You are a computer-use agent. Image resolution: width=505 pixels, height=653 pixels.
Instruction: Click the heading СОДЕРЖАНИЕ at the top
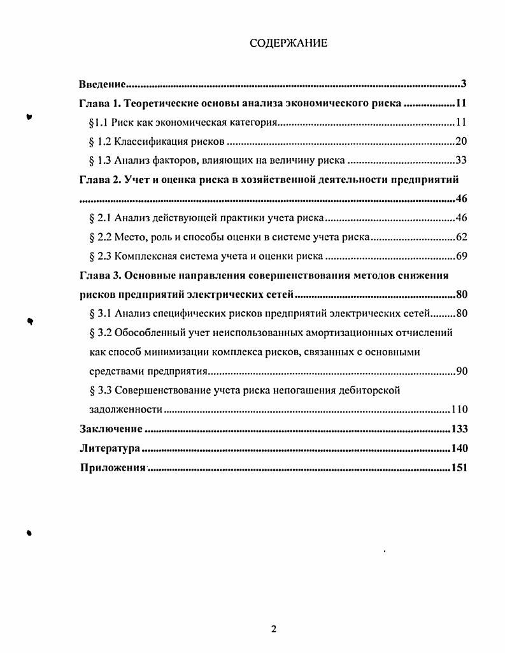(x=288, y=43)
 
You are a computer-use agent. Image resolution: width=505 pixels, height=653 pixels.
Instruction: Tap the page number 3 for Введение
(x=465, y=84)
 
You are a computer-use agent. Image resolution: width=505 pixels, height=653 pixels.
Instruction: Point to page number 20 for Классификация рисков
(x=462, y=142)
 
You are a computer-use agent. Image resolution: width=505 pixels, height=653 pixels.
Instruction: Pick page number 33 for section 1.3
(x=462, y=161)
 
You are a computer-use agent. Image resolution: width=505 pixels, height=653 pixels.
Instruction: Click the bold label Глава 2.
(x=98, y=180)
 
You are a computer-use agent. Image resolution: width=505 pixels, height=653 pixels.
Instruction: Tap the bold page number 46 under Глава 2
(x=462, y=199)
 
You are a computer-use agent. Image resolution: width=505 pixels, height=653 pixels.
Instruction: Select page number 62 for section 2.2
(x=462, y=237)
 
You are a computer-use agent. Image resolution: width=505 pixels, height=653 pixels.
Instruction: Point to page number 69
(x=462, y=256)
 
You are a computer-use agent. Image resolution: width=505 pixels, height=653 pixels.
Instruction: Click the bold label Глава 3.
(x=98, y=275)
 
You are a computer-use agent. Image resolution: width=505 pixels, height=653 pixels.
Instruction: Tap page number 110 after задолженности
(x=459, y=409)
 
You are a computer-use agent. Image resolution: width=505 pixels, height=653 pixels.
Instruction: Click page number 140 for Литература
(x=459, y=448)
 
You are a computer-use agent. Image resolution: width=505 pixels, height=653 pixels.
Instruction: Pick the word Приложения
(x=113, y=468)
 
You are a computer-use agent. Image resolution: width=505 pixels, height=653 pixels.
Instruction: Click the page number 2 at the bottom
(x=274, y=629)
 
